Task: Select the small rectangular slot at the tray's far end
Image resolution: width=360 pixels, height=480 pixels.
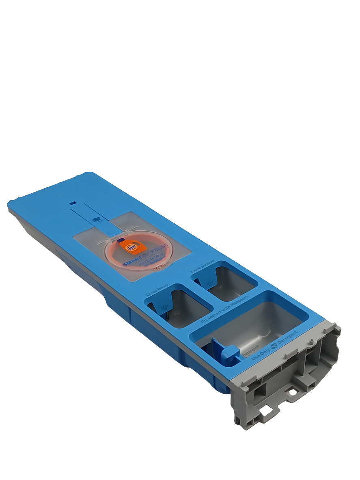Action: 72,202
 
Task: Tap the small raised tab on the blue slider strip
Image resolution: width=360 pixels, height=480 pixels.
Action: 96,219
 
